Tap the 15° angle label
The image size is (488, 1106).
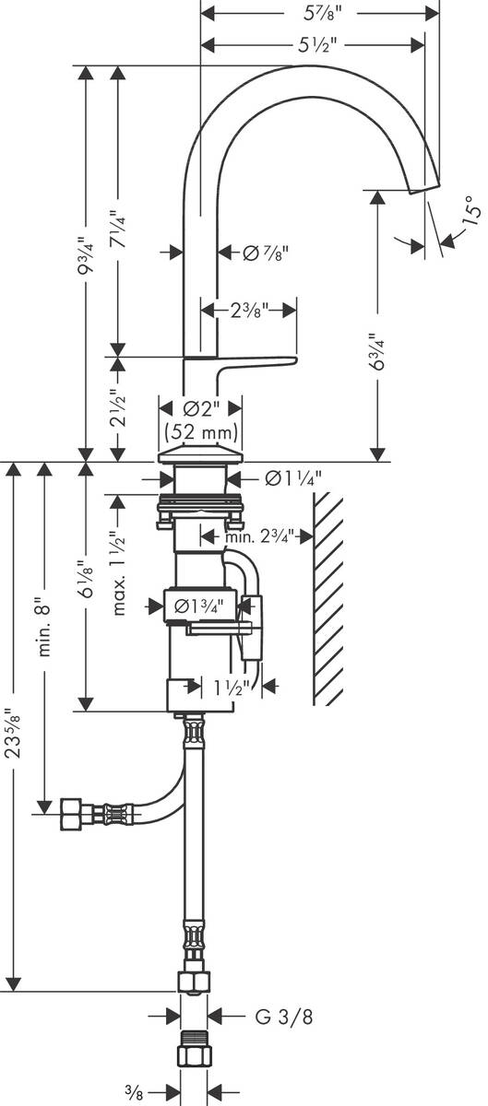tap(471, 211)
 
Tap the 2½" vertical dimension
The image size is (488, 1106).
tap(118, 409)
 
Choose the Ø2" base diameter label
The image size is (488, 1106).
tap(200, 407)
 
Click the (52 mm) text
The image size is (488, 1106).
tap(200, 431)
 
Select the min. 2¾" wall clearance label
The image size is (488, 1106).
tap(262, 535)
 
